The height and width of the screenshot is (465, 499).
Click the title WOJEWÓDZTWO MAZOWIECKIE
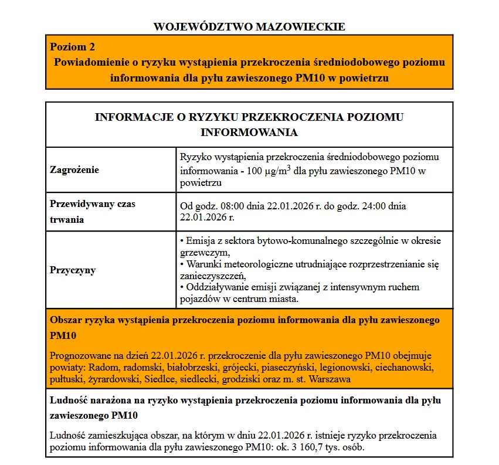point(249,26)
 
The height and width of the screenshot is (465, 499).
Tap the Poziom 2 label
point(72,47)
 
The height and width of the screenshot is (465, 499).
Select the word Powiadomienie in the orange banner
point(86,62)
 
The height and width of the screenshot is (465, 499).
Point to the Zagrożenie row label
point(74,170)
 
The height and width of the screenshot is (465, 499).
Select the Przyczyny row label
point(73,270)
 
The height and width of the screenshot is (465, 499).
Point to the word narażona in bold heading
point(108,400)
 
